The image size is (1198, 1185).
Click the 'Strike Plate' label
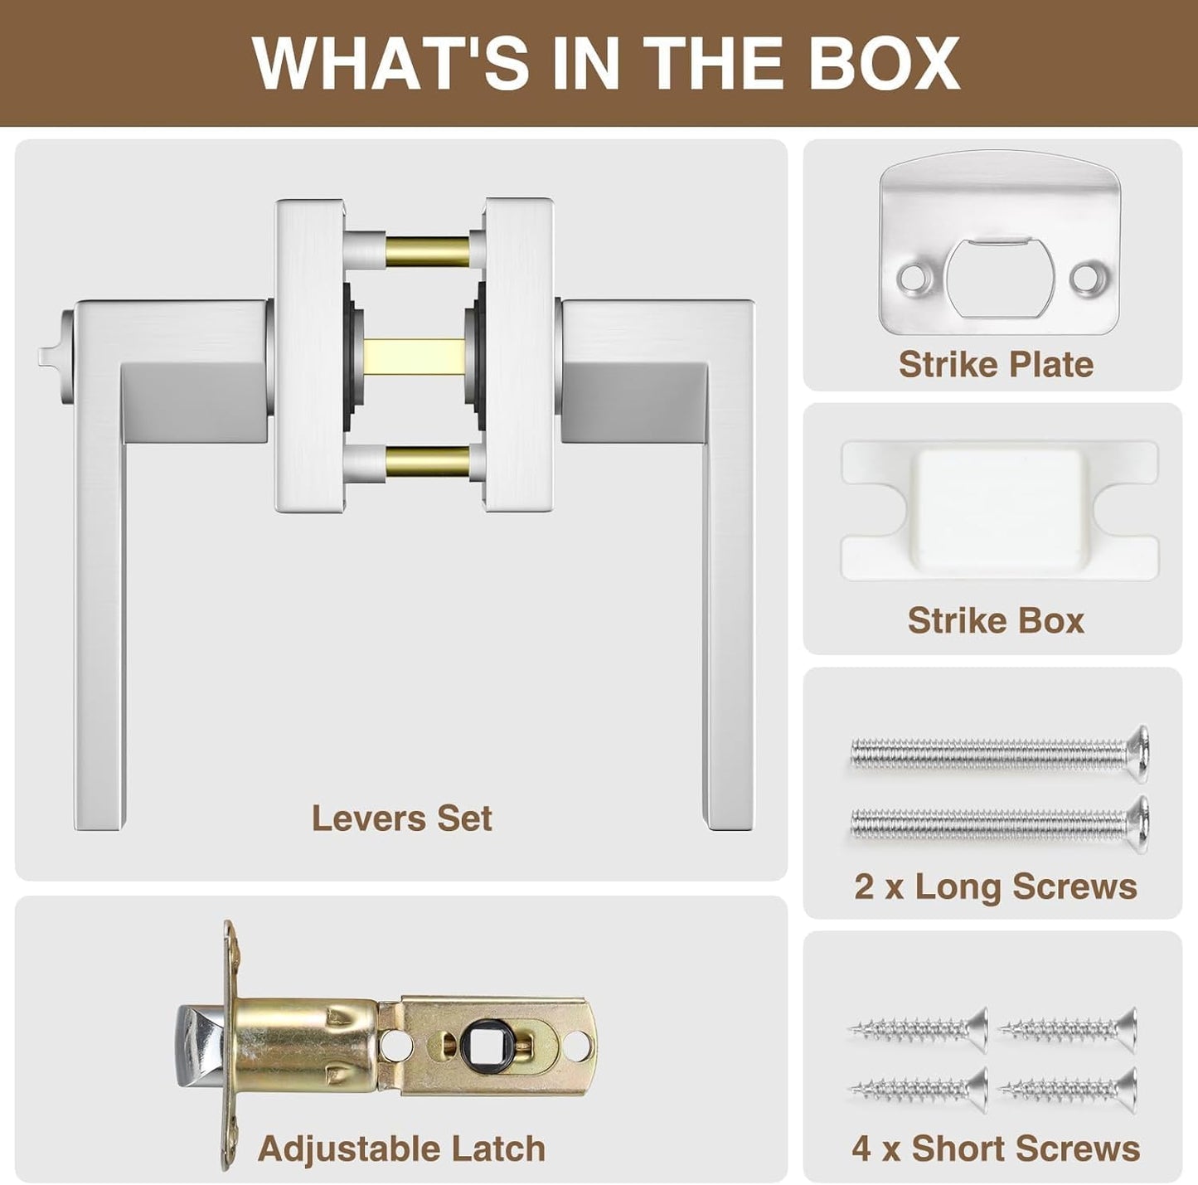tap(996, 365)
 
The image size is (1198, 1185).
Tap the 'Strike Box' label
tap(996, 620)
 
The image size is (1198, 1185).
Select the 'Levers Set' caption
tap(401, 818)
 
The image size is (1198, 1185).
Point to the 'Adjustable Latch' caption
tap(401, 1096)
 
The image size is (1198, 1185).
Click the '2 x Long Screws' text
tap(996, 886)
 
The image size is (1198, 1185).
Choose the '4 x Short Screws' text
tap(996, 1096)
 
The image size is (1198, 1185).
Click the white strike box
tap(999, 510)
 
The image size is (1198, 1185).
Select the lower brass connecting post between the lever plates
tap(428, 459)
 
